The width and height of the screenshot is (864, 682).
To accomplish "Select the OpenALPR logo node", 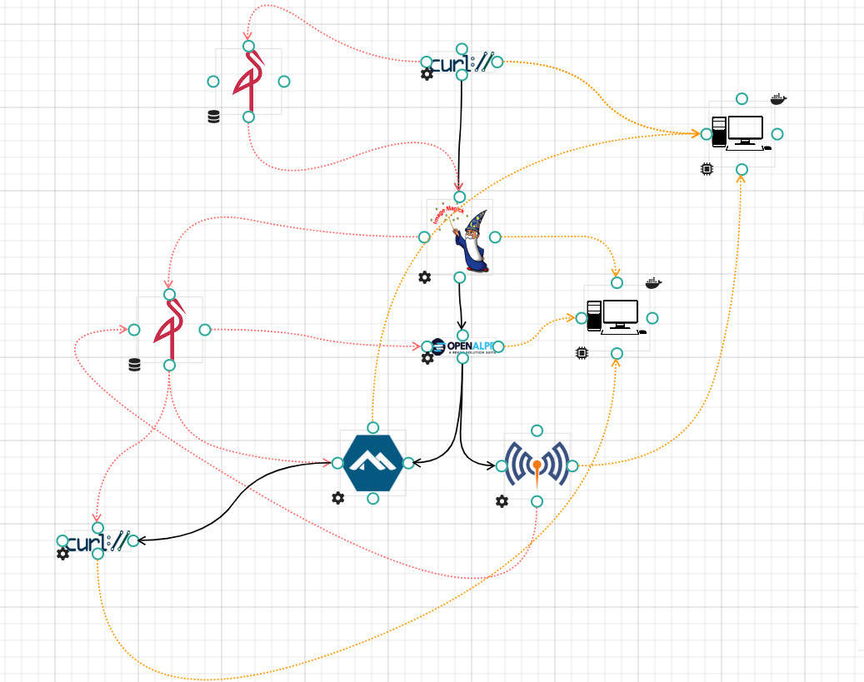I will point(463,346).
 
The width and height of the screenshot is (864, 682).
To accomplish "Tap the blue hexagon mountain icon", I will point(372,463).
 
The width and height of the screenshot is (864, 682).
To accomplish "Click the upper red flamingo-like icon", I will point(248,81).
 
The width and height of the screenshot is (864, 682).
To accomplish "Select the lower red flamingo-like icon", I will point(169,329).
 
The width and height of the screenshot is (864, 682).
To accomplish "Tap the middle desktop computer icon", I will point(616,317).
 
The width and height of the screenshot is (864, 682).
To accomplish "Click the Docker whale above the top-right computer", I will point(778,99).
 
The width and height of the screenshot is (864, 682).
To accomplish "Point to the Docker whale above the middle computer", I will point(653,283).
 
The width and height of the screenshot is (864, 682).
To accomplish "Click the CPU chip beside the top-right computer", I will point(707,169).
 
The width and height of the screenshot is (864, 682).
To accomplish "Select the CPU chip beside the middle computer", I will point(582,353).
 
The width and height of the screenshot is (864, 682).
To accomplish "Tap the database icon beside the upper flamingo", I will point(214,117).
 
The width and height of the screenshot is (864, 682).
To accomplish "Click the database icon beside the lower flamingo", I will point(134,364).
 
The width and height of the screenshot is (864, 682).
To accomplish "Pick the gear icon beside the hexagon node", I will point(337,498).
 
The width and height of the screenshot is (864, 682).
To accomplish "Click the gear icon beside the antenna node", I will point(502,501).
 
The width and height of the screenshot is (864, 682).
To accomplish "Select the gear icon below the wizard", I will point(425,277).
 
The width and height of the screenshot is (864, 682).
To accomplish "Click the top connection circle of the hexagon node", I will point(372,428).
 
